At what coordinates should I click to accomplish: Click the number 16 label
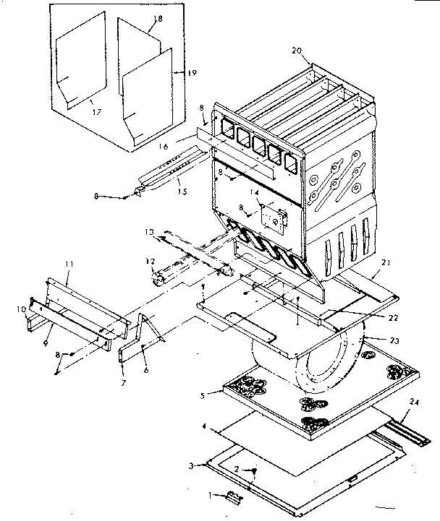click(165, 147)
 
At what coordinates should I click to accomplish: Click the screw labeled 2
click(253, 473)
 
